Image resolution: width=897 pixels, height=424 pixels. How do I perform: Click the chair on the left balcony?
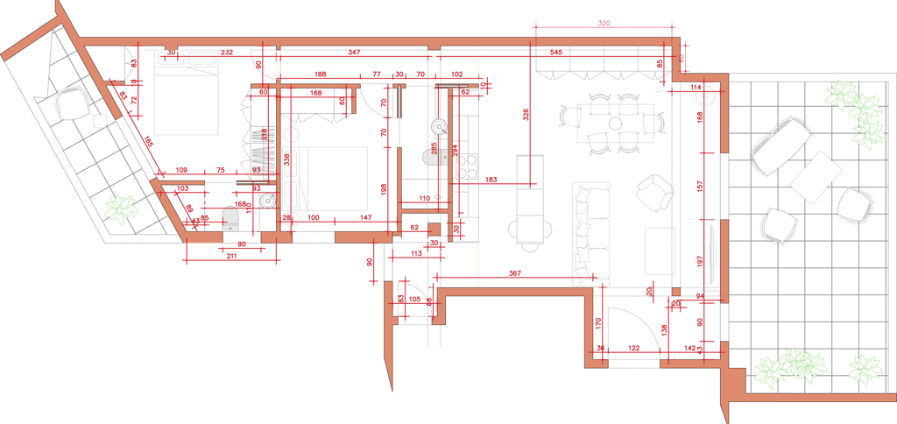pyautogui.click(x=73, y=104)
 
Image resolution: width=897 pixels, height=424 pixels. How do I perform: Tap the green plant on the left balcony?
pyautogui.click(x=119, y=209)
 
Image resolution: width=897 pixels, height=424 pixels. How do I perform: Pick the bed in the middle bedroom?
pyautogui.click(x=331, y=179)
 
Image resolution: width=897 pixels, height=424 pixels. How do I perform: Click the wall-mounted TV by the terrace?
pyautogui.click(x=714, y=254)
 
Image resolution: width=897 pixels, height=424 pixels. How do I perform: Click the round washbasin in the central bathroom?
pyautogui.click(x=439, y=126)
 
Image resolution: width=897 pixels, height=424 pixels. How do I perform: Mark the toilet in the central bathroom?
pyautogui.click(x=434, y=157)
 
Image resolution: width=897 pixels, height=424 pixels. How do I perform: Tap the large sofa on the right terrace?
pyautogui.click(x=779, y=147)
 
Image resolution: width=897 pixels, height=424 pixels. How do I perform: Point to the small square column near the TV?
pyautogui.click(x=675, y=291)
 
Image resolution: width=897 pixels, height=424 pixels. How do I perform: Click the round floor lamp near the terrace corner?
pyautogui.click(x=703, y=96)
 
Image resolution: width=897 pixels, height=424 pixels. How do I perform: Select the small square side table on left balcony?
pyautogui.click(x=101, y=119)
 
